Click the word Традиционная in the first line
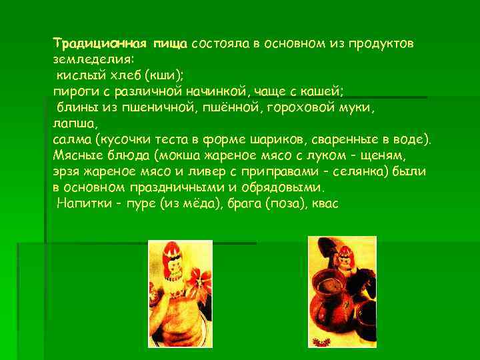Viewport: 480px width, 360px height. click(x=90, y=44)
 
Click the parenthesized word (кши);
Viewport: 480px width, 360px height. click(x=164, y=76)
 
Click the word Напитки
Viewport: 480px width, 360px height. click(x=82, y=204)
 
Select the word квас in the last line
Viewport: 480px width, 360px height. click(x=325, y=204)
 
